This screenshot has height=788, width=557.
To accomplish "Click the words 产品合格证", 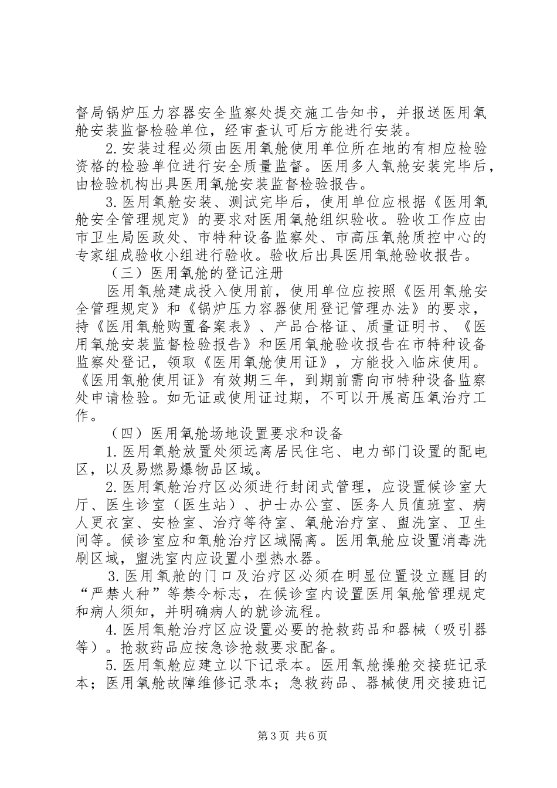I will click(305, 326).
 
